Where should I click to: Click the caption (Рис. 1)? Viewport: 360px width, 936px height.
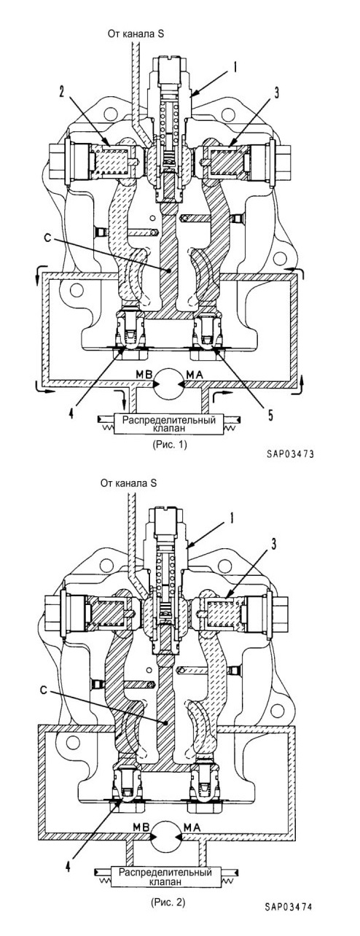pos(170,444)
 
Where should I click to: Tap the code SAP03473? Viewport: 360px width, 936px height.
pos(290,454)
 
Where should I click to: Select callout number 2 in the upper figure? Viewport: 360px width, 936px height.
pos(62,92)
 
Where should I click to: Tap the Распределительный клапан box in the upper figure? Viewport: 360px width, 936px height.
pos(168,424)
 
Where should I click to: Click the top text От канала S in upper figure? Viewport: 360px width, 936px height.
pos(136,34)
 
